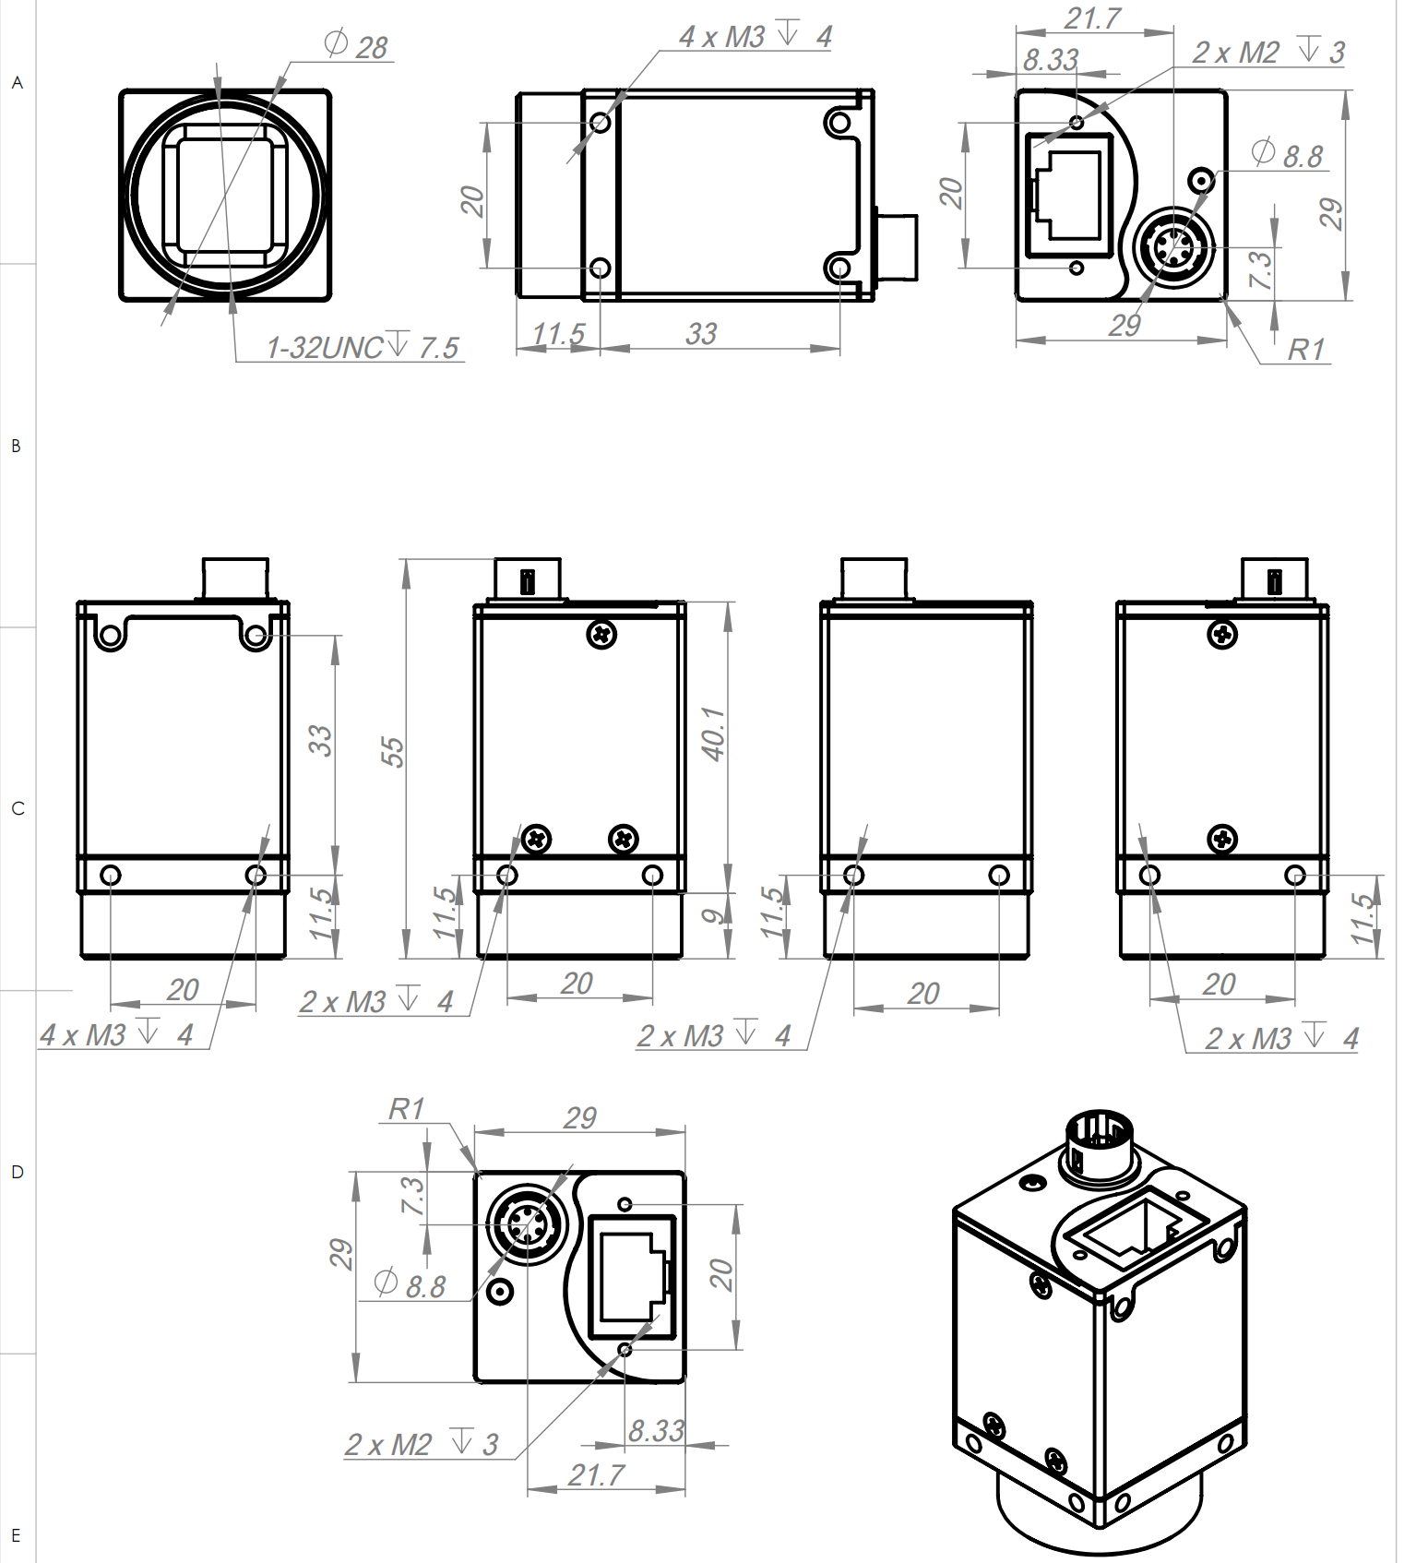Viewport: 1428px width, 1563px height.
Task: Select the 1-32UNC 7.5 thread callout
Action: pos(362,348)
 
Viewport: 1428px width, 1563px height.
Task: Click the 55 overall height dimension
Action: pos(392,751)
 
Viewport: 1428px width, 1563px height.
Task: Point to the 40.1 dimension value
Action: pos(713,734)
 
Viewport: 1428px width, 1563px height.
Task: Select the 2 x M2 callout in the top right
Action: pos(1268,53)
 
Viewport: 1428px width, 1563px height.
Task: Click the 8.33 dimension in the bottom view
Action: pos(656,1431)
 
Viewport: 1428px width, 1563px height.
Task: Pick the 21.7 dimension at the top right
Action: pos(1092,18)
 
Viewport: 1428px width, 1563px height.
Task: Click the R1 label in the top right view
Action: pos(1305,350)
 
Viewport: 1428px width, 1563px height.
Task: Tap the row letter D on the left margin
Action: pos(17,1173)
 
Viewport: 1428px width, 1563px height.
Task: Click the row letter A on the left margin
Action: pos(17,83)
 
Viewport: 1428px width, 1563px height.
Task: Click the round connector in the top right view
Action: pos(1172,246)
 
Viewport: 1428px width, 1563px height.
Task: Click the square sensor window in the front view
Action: pos(224,195)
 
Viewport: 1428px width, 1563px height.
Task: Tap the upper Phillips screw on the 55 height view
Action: pos(601,634)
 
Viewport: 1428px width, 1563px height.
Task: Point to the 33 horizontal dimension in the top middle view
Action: pos(701,333)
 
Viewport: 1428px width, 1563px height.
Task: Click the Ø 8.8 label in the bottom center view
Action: pos(411,1284)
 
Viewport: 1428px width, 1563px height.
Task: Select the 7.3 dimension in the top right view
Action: pos(1259,269)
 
